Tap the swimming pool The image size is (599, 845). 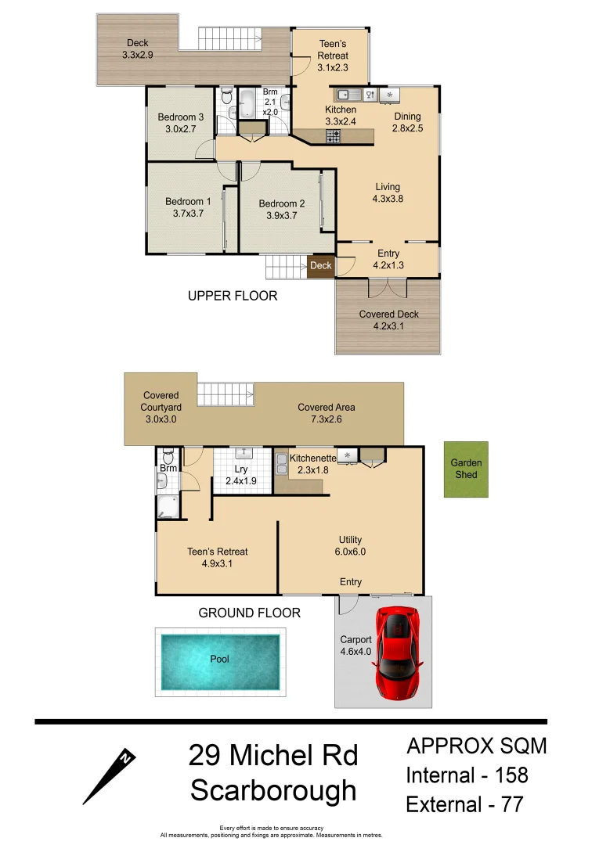point(220,659)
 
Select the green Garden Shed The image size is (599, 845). point(467,469)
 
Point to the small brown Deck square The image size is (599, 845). point(321,266)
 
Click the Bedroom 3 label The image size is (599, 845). point(181,117)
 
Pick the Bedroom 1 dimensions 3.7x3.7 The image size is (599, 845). point(188,213)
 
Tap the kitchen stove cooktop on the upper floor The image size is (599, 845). point(334,136)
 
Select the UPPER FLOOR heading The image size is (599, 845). point(233,296)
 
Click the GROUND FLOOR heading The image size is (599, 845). point(249,613)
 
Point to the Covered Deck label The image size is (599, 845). point(388,315)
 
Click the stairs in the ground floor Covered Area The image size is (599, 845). point(226,394)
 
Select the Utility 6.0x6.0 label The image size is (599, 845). point(350,545)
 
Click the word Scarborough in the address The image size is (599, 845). point(273,791)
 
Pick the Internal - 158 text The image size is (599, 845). point(467,775)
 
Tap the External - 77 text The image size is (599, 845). point(464,804)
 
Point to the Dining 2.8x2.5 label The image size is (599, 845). point(407,123)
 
